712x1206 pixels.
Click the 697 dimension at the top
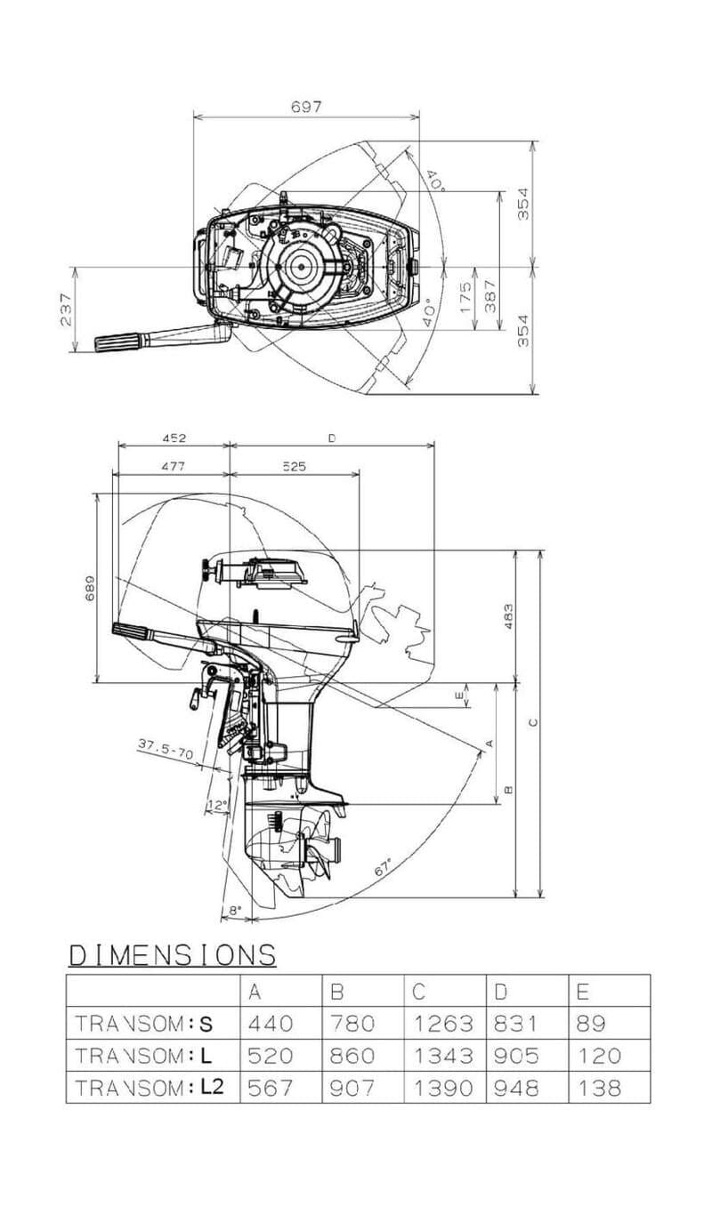point(305,107)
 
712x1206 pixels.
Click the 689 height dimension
point(89,588)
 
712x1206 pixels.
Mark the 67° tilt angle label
point(384,868)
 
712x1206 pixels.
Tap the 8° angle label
point(235,910)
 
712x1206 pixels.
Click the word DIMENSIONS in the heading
point(173,955)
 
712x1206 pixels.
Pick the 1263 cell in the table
point(444,1023)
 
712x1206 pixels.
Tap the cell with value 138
point(599,1087)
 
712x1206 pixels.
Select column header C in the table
point(418,991)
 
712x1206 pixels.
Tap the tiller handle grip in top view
point(118,342)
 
